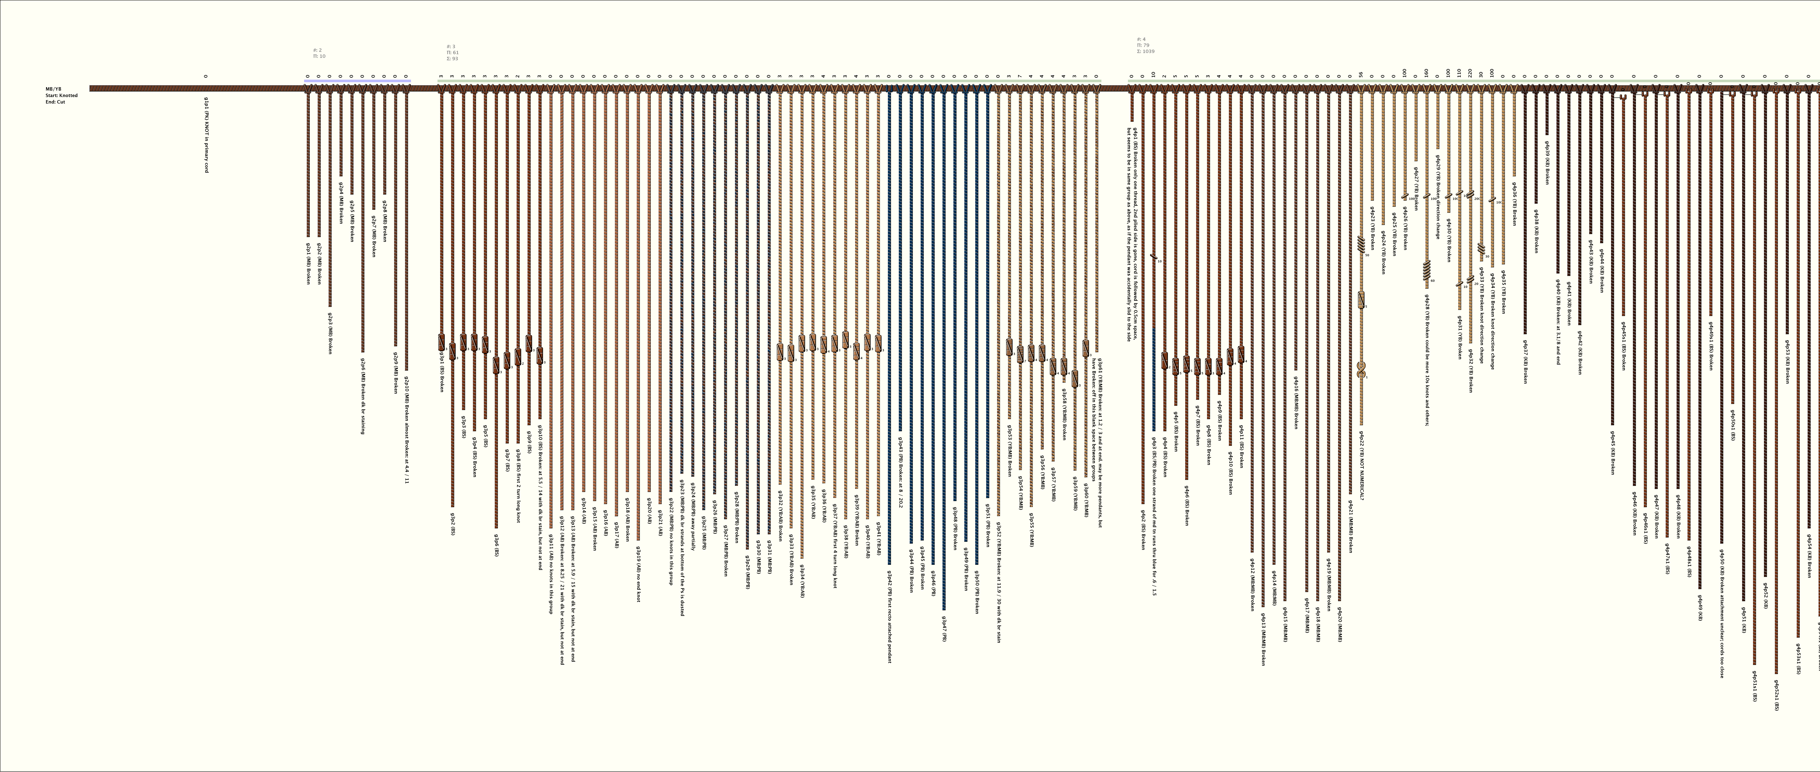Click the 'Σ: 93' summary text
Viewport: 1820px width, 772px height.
pyautogui.click(x=452, y=59)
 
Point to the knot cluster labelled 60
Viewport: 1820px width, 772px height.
pyautogui.click(x=1427, y=270)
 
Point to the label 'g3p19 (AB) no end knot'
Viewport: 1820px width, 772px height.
pyautogui.click(x=638, y=573)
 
